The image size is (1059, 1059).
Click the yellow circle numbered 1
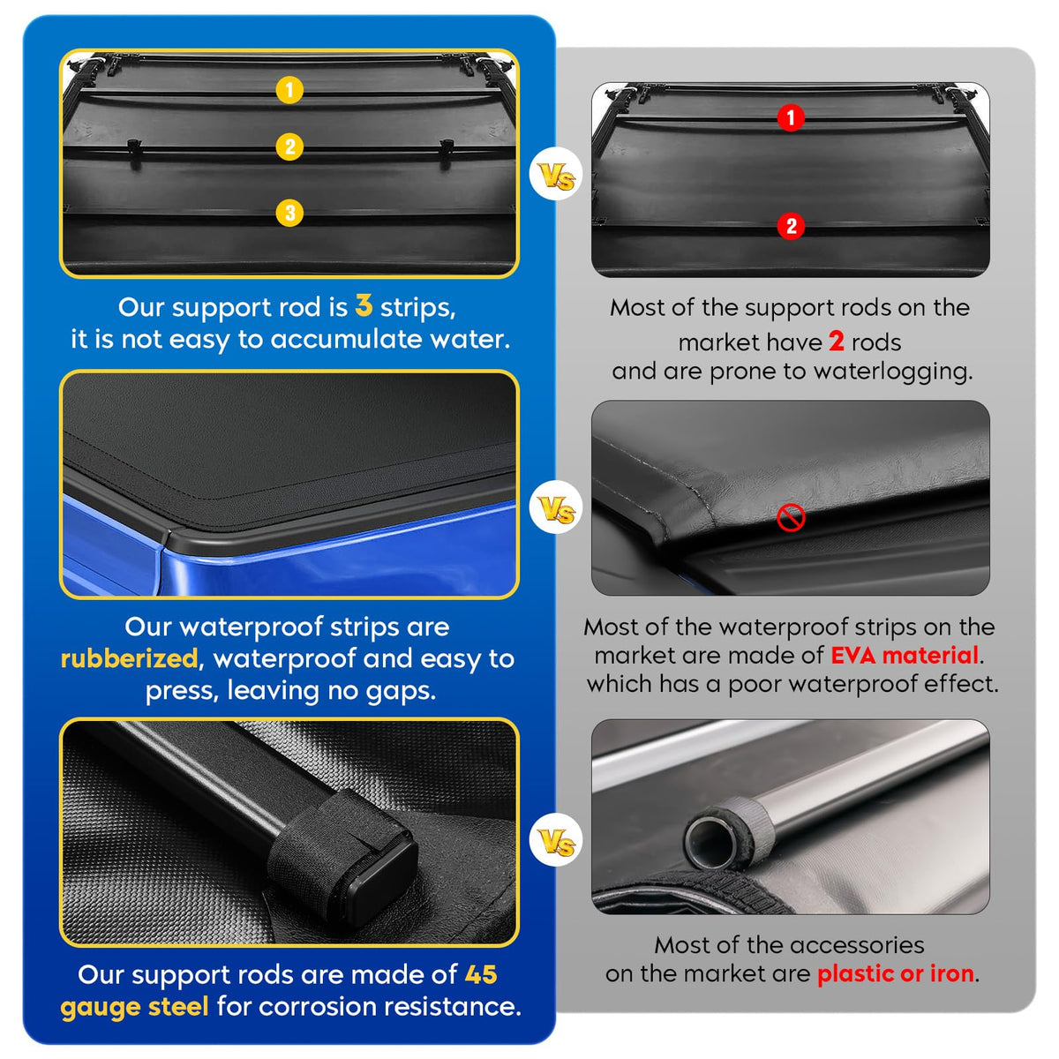289,90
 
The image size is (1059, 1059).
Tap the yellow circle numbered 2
289,146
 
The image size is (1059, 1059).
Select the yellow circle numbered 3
289,213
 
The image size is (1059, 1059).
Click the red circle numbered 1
791,117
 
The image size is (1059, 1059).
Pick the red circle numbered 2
791,226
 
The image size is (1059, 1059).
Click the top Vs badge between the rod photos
556,174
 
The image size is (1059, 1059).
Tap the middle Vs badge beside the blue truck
556,507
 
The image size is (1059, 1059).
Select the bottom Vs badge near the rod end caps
556,840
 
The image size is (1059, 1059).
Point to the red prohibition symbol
791,517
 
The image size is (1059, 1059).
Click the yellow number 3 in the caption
364,305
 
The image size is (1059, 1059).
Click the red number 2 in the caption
837,342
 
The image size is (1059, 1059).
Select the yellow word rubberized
129,658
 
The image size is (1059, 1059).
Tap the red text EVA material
905,656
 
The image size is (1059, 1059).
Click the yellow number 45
481,974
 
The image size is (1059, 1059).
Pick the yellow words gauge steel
135,1007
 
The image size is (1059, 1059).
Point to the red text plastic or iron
896,973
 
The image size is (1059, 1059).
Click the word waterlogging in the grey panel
893,372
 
